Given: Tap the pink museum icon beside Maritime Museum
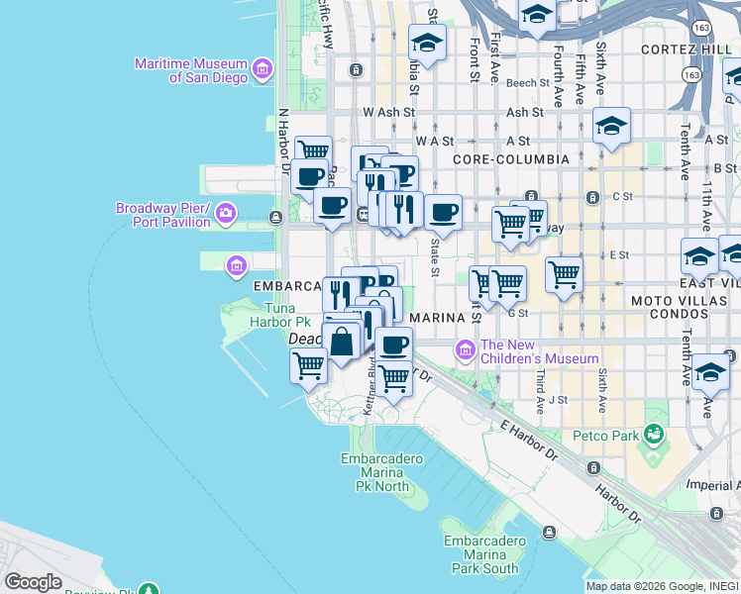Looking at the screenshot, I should coord(263,69).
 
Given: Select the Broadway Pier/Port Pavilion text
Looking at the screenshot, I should coord(163,215).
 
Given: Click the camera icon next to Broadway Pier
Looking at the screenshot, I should coord(227,214).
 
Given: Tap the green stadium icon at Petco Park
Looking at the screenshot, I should coord(653,434).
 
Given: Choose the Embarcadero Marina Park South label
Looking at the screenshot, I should coord(480,554).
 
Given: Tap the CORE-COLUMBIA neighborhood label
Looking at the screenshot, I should coord(510,158).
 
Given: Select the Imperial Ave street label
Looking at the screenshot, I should coord(710,485).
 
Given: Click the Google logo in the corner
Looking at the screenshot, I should coord(33,582).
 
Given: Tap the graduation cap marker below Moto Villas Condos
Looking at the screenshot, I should coord(709,372).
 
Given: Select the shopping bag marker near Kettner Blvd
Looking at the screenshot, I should coord(342,342).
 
